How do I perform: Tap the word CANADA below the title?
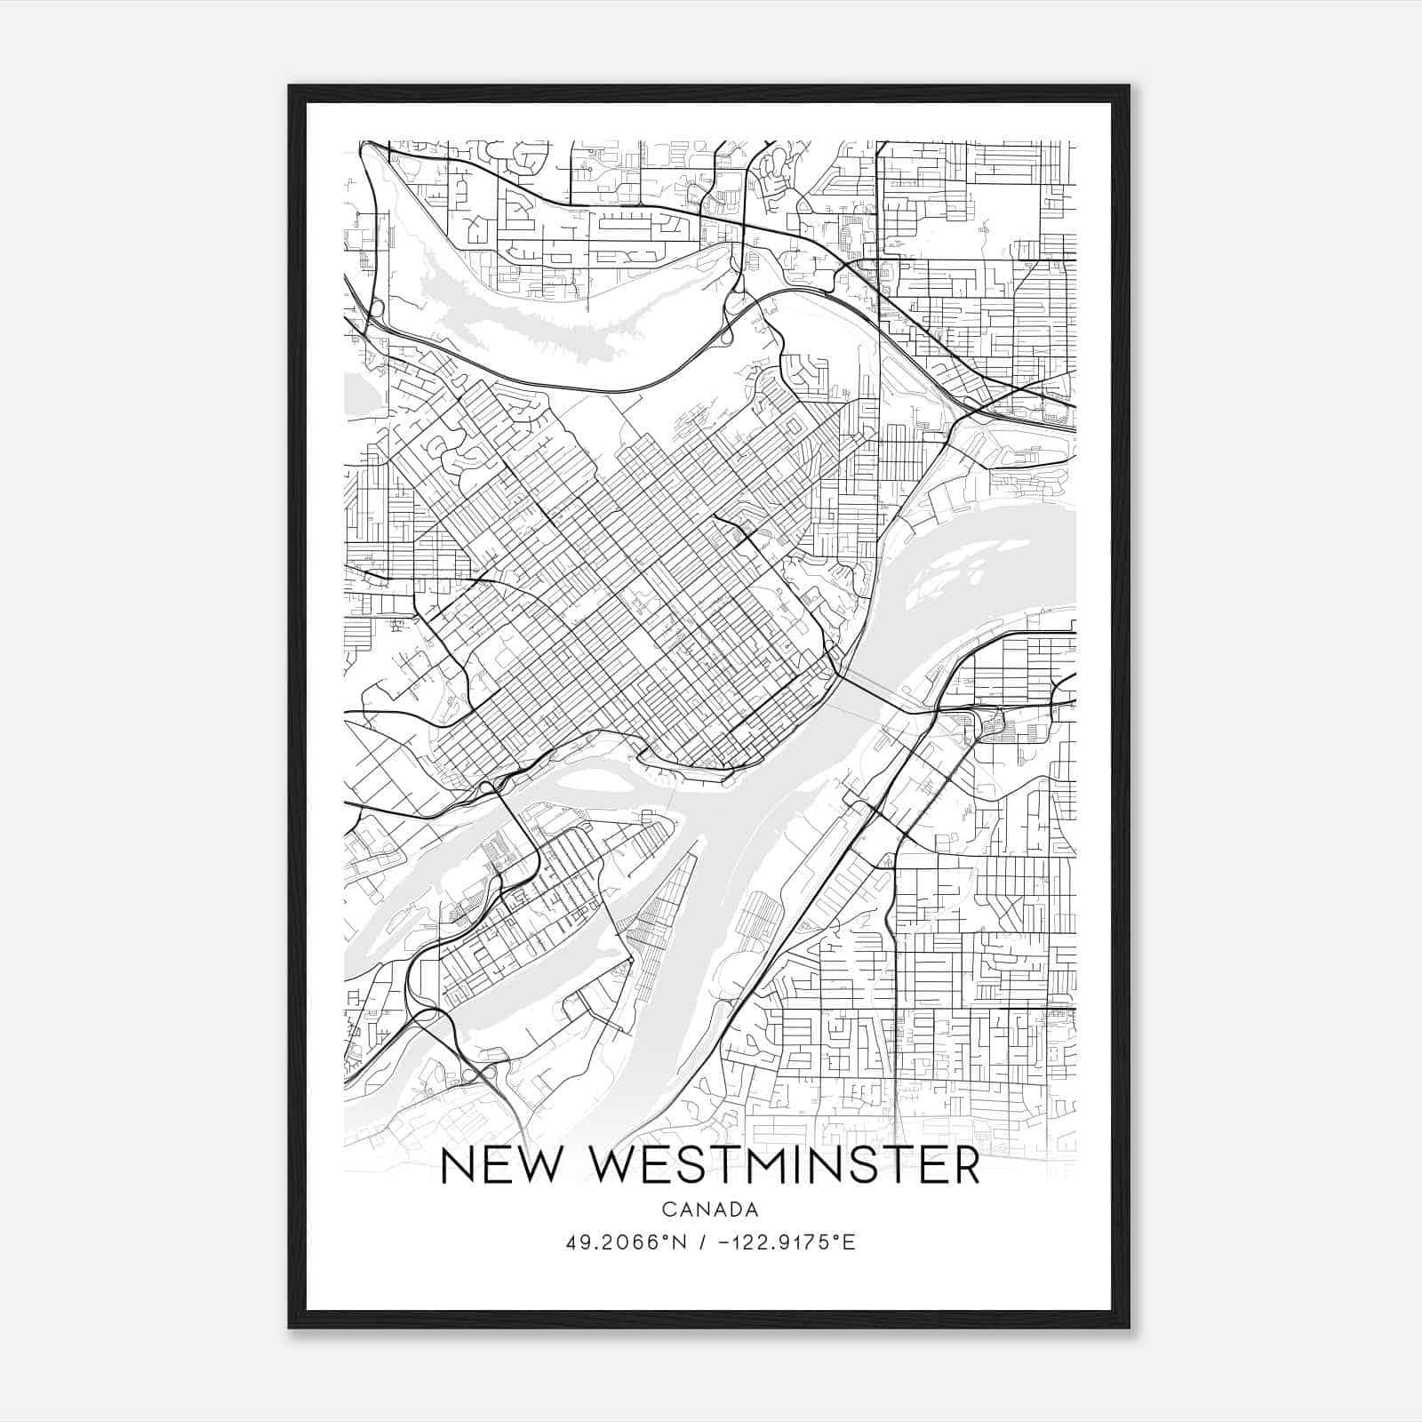(709, 1210)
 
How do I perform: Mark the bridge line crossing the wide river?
(875, 694)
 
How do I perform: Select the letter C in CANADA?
(668, 1210)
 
